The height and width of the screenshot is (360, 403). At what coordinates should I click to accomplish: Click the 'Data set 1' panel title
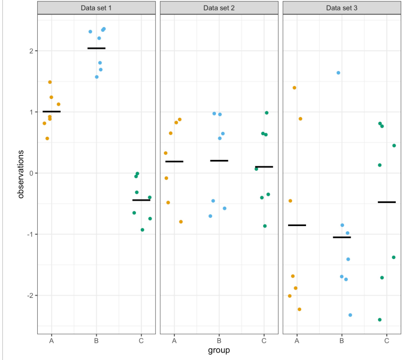coord(96,7)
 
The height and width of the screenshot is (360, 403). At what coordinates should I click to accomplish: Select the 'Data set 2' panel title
coord(219,7)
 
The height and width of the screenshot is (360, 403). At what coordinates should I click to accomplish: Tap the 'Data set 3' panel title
coord(342,7)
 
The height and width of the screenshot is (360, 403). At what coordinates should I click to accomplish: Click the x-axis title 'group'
coord(219,350)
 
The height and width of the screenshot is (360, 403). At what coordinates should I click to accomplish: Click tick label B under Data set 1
coord(96,341)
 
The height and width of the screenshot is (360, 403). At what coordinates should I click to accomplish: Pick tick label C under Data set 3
coord(386,341)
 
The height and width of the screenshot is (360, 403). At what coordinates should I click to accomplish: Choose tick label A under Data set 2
coord(174,341)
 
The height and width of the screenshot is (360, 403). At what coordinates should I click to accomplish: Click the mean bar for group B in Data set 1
coord(96,48)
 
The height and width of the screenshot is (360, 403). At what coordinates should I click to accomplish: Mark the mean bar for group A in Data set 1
coord(52,111)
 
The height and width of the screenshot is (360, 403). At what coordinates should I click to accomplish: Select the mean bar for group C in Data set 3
coord(386,202)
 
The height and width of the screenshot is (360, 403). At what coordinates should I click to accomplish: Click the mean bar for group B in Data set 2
coord(219,161)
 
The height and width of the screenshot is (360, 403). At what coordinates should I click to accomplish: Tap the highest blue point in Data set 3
coord(338,73)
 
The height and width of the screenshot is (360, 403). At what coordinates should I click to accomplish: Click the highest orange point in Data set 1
coord(50,82)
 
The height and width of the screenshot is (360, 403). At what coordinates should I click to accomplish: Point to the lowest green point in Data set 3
coord(379,320)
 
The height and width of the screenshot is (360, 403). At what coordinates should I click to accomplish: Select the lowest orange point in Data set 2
coord(181,222)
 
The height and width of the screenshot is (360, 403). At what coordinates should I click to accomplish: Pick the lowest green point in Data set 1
coord(142,230)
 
